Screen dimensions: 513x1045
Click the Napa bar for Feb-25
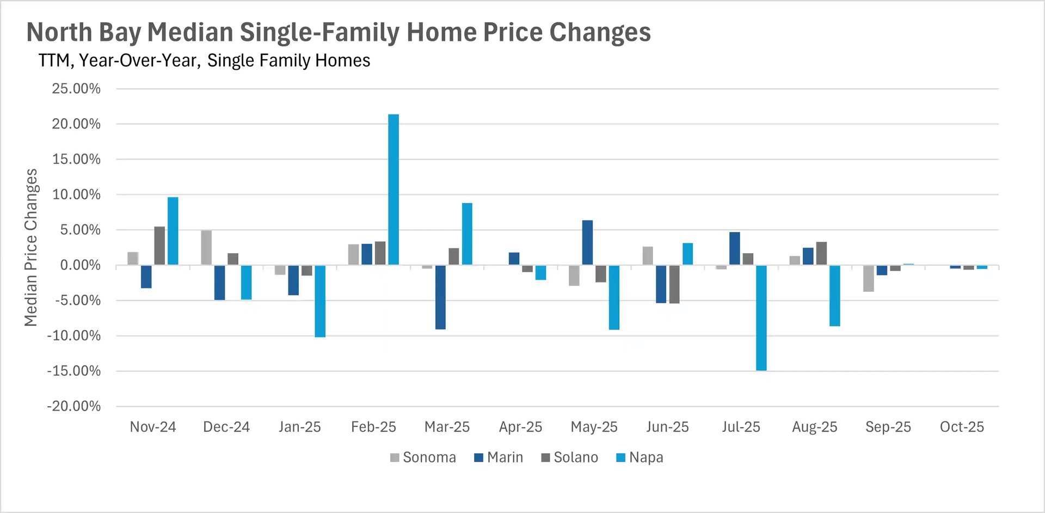(393, 190)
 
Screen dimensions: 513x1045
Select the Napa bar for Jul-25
(761, 318)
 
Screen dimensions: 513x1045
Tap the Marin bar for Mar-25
(440, 297)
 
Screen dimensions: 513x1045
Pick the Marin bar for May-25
(587, 243)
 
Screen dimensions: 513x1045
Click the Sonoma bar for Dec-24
(206, 248)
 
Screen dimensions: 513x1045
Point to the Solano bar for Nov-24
(159, 246)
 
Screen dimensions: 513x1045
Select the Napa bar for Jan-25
(320, 301)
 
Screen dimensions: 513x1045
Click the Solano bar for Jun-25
(674, 284)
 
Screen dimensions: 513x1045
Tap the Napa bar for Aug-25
(834, 296)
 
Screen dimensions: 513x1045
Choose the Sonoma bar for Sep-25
(868, 278)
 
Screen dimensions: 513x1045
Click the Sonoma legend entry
(423, 457)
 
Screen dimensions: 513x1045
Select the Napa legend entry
(640, 457)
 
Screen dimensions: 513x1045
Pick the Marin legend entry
(499, 457)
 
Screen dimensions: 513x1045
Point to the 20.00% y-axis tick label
(76, 124)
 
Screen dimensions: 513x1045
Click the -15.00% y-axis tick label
(74, 371)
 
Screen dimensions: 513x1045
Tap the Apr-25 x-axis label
(520, 427)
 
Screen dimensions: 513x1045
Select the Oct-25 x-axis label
(962, 427)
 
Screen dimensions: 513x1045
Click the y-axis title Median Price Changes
(31, 247)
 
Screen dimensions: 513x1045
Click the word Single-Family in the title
(319, 32)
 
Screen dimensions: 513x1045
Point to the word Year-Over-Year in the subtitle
(139, 60)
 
